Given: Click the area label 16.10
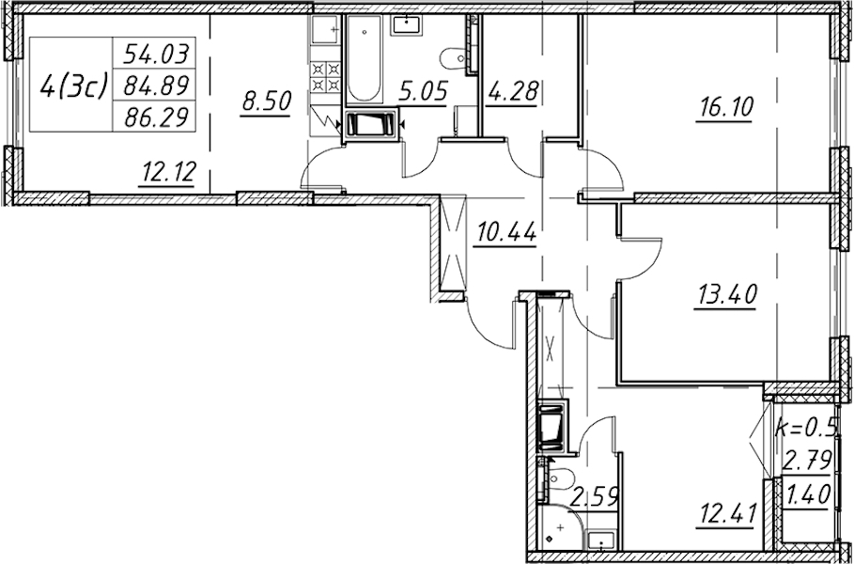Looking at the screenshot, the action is coord(724,108).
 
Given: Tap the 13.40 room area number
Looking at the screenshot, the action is coord(725,295).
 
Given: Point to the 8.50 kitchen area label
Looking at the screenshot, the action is coord(266,102).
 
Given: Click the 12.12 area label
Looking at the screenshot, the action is coord(168,173).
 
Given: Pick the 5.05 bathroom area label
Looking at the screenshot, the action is coord(423,91).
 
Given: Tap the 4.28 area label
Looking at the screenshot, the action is coord(512,91).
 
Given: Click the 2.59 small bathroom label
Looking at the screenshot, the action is coord(594,496).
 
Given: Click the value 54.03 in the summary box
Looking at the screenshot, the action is coord(157,54).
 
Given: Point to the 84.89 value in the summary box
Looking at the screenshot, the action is coord(157,85).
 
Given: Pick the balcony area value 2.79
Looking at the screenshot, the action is coord(807,461).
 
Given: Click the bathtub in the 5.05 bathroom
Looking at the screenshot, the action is coord(364,58).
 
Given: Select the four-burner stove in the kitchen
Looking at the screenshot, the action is coord(326,77).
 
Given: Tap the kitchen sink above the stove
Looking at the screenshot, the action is coord(326,30).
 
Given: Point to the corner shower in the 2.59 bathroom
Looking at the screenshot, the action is coord(559,528).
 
